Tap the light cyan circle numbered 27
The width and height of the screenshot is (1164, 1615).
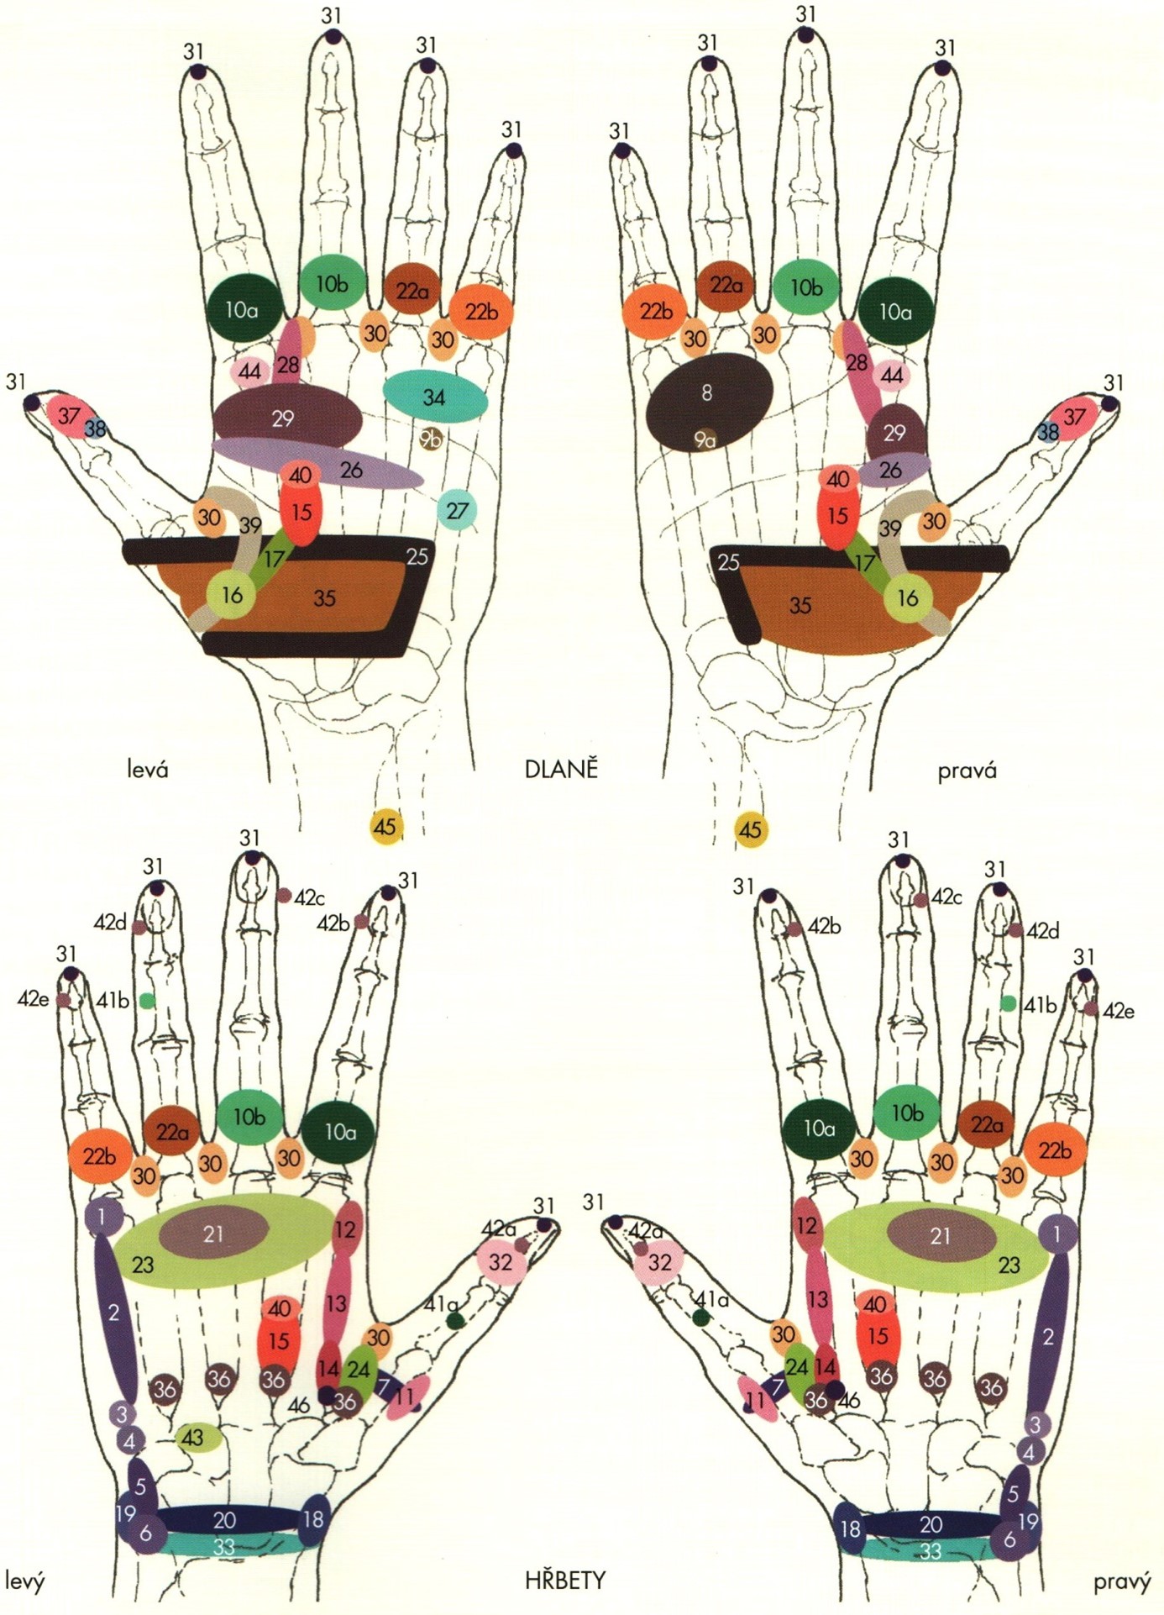click(457, 509)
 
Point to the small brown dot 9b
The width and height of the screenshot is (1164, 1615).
click(431, 438)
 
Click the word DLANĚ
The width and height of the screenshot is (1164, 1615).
click(560, 770)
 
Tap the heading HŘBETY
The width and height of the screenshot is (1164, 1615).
click(564, 1581)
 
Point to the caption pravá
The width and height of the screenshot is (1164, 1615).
click(967, 770)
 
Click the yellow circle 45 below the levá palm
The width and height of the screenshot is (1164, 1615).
click(385, 827)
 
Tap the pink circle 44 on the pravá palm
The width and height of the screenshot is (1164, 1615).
click(892, 375)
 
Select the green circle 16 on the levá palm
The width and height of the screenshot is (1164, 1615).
click(232, 595)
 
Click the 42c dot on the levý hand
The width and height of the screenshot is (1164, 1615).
click(284, 895)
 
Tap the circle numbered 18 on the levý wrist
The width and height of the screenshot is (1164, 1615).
click(313, 1519)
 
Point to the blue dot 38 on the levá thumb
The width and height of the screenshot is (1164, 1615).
click(95, 429)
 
